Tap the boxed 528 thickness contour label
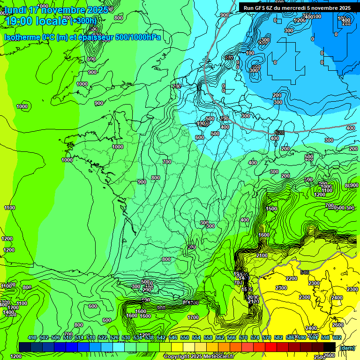coord(280,133)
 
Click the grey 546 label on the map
coord(305,272)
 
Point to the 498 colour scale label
coord(32,338)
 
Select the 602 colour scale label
coord(337,338)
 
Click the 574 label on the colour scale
coord(255,338)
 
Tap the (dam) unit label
coord(346,347)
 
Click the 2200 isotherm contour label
coord(292,278)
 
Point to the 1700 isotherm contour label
coord(193,317)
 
